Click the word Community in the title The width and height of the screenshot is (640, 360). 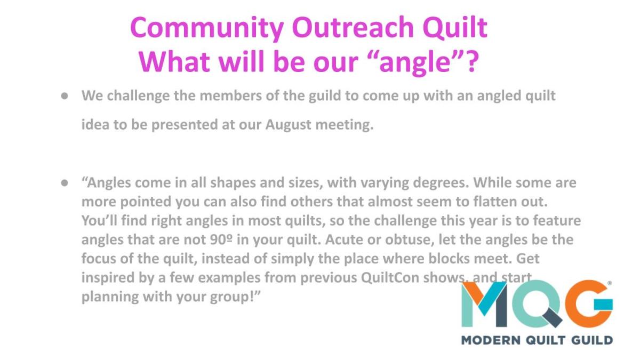coord(207,28)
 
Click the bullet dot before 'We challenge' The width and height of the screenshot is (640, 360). coord(65,95)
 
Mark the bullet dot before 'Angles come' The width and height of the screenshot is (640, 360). coord(65,182)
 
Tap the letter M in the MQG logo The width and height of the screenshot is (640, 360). coord(484,305)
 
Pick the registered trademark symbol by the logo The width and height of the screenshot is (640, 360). coord(610,283)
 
